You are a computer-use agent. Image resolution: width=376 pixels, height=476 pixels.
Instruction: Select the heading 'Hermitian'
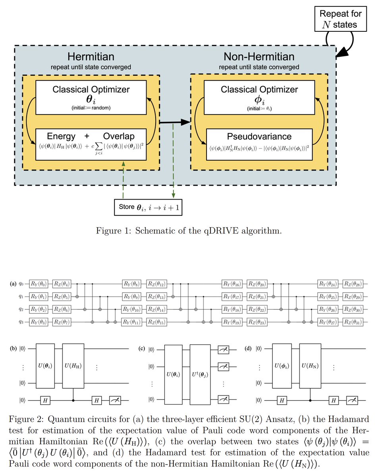point(91,57)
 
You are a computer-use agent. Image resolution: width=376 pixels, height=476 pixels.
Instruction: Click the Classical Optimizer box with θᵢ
point(91,97)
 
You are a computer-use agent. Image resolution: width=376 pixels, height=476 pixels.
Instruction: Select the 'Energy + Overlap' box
point(91,142)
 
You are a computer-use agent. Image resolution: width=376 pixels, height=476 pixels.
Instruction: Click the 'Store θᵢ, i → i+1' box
point(148,207)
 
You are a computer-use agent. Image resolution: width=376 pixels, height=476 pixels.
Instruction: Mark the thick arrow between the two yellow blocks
point(175,123)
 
